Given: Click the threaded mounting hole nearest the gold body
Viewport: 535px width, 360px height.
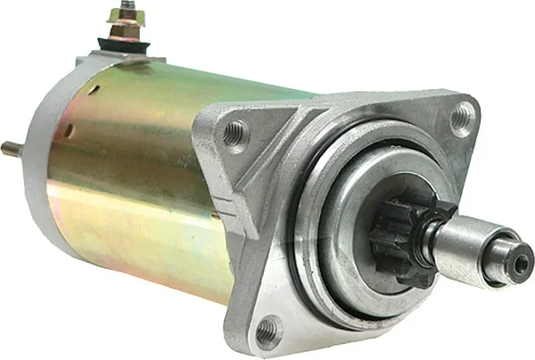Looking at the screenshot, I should [x=234, y=133].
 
